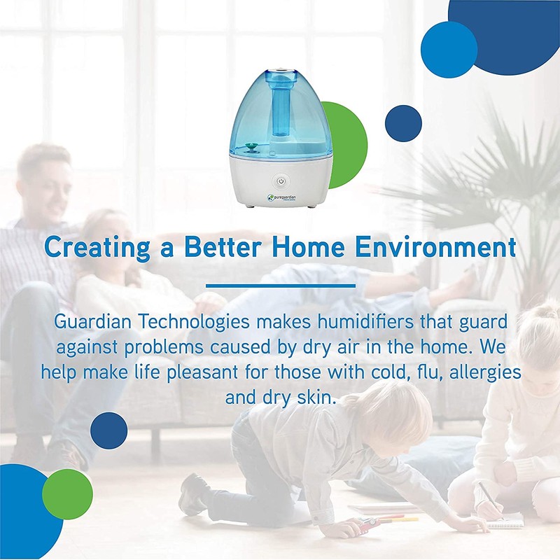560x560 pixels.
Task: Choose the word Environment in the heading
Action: (447, 248)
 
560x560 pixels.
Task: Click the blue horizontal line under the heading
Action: (280, 286)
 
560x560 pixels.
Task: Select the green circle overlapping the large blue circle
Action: (67, 493)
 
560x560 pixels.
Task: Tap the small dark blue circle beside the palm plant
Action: (403, 123)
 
